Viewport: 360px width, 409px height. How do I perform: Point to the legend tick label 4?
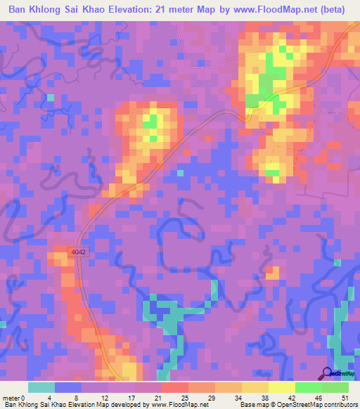pos(50,397)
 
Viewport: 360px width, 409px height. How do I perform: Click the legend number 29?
pos(210,397)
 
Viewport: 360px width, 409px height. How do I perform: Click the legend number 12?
pos(103,397)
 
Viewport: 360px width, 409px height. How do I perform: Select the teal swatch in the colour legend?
pos(41,387)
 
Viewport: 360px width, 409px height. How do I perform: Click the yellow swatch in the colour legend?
pos(281,387)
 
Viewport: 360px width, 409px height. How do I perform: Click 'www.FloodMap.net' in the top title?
pos(259,10)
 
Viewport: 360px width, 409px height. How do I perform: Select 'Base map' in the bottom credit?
pos(251,405)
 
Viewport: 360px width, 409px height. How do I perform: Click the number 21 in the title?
pos(167,10)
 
